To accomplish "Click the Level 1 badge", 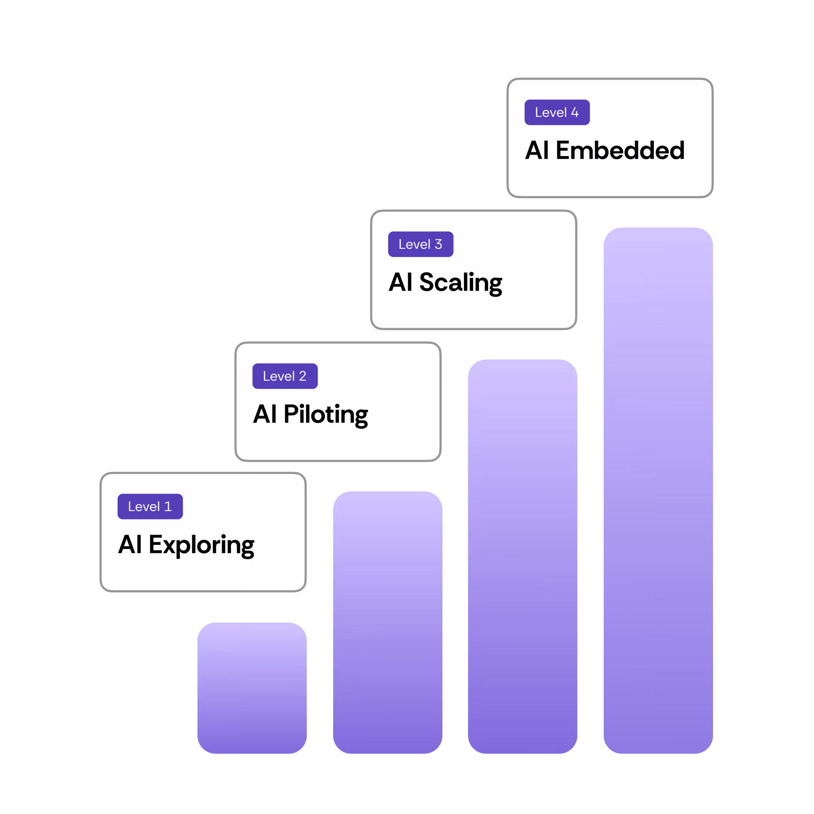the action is coord(150,506).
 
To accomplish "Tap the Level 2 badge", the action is coord(285,376).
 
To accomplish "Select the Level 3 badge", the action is coord(421,244).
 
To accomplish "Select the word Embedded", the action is coord(620,150).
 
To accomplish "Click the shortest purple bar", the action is coord(252,688).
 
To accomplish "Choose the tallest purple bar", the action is coord(658,490).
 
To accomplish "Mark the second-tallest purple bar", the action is coord(522,556).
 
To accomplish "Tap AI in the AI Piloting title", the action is coord(265,414).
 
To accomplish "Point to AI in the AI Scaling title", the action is coord(400,282).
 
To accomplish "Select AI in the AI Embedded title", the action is coord(537,150).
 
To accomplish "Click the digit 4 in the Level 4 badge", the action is coord(575,113).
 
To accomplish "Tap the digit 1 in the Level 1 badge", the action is coord(168,506).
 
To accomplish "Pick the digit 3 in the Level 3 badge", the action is coord(439,244).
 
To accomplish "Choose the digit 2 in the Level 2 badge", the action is coord(303,376).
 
